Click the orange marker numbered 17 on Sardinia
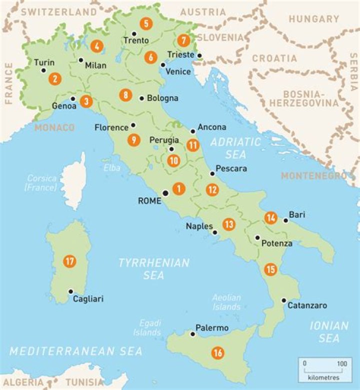pyautogui.click(x=70, y=261)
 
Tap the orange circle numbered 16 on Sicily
pyautogui.click(x=217, y=353)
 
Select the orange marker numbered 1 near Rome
pyautogui.click(x=177, y=189)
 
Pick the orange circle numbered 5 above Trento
pyautogui.click(x=145, y=23)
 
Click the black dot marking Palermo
pyautogui.click(x=193, y=333)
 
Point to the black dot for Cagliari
pyautogui.click(x=71, y=291)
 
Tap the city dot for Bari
pyautogui.click(x=285, y=220)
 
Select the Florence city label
pyautogui.click(x=111, y=128)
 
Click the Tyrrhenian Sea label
pyautogui.click(x=154, y=269)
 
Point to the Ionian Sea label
pyautogui.click(x=329, y=332)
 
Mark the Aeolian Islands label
pyautogui.click(x=226, y=302)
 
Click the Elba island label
pyautogui.click(x=112, y=168)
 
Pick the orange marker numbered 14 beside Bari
pyautogui.click(x=271, y=218)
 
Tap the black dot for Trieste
pyautogui.click(x=199, y=55)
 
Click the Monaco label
pyautogui.click(x=54, y=128)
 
